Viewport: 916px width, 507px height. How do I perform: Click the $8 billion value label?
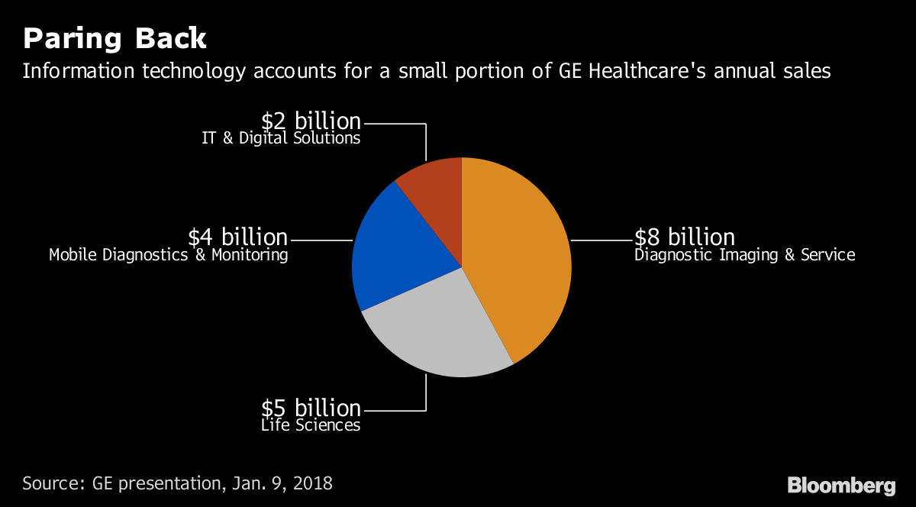[684, 237]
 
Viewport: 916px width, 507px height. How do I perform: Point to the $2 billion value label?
[311, 121]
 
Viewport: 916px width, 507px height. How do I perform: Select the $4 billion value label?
[237, 237]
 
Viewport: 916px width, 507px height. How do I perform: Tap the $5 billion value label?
[311, 407]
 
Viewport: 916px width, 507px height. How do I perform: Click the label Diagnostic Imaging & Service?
[744, 255]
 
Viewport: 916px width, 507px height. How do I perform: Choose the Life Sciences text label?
[310, 425]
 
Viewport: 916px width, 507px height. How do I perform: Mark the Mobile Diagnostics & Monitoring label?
[168, 255]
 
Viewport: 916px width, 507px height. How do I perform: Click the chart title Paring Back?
[114, 38]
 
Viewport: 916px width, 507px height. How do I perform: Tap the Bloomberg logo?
[841, 485]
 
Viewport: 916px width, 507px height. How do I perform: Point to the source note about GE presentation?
[177, 483]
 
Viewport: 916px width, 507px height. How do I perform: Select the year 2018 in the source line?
[312, 483]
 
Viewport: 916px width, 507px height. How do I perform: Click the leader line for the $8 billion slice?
[602, 241]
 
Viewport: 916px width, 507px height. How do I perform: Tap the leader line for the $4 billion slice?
[321, 241]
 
